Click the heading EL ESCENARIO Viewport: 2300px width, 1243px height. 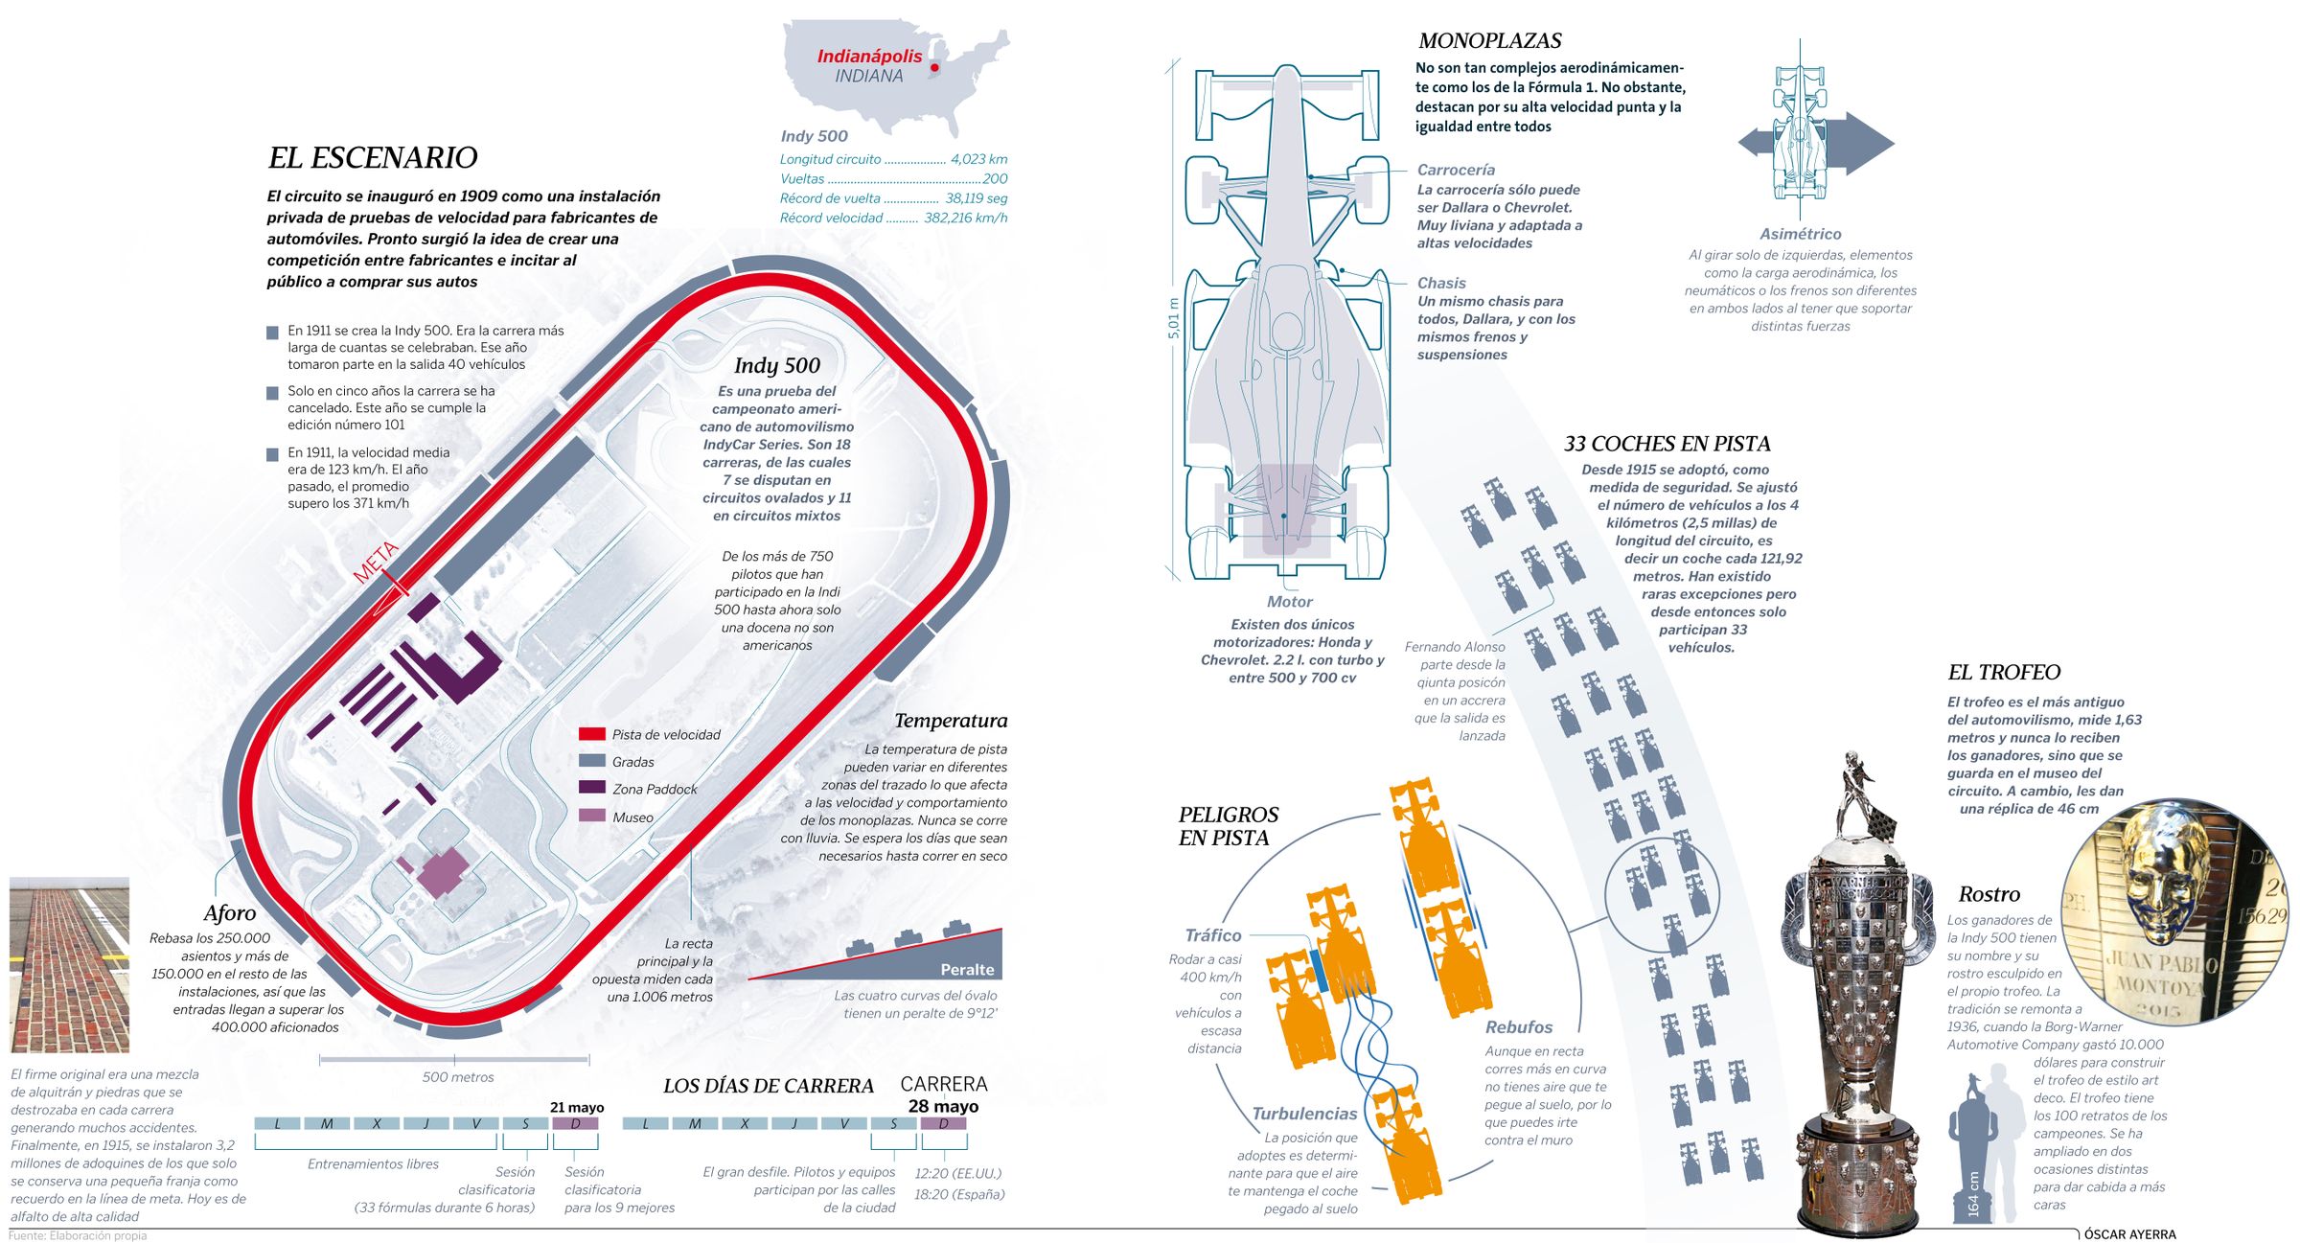coord(372,157)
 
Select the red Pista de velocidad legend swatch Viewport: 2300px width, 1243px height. coord(592,734)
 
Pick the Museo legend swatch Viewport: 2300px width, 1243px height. coord(592,817)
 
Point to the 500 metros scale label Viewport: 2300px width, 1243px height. coord(458,1076)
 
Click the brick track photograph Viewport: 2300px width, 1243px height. coord(69,964)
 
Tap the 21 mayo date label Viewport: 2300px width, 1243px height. coord(577,1107)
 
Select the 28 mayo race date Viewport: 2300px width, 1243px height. coord(943,1106)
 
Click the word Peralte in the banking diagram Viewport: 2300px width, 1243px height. coord(967,969)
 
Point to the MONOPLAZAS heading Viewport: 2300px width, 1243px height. coord(1489,41)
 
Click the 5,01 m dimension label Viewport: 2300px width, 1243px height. coord(1173,318)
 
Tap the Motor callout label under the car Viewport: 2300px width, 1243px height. coord(1290,602)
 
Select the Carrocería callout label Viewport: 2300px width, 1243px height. coord(1456,170)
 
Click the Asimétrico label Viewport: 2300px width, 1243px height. coord(1800,234)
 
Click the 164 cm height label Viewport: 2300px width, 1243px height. coord(1973,1194)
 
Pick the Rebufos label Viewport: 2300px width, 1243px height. coord(1519,1027)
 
